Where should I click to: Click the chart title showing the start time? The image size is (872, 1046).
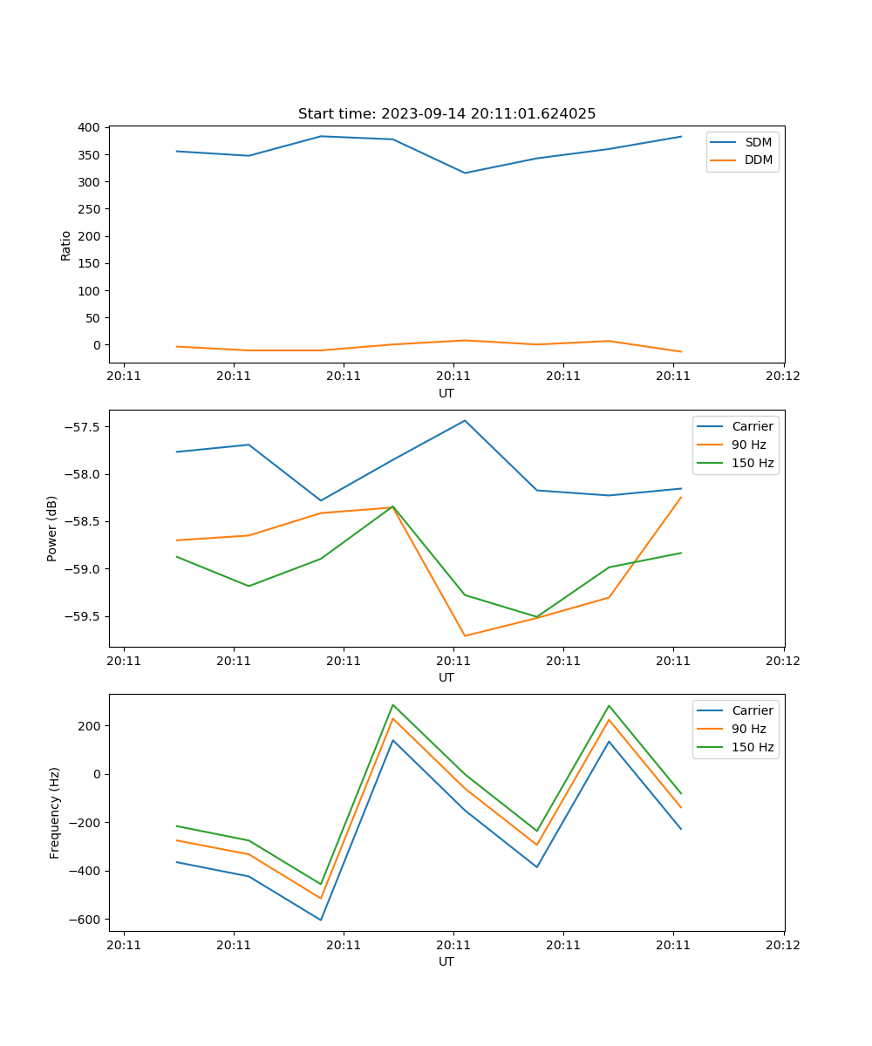pyautogui.click(x=446, y=114)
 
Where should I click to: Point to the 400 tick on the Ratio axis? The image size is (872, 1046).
pyautogui.click(x=89, y=127)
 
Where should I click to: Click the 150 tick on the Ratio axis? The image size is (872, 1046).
pyautogui.click(x=89, y=263)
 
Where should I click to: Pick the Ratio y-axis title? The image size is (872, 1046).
pyautogui.click(x=66, y=245)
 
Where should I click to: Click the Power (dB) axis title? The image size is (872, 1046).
pyautogui.click(x=52, y=528)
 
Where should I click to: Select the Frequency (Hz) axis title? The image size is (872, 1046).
pyautogui.click(x=55, y=812)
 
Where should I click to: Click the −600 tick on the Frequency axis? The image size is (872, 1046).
pyautogui.click(x=85, y=920)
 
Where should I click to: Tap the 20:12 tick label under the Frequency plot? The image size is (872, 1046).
pyautogui.click(x=782, y=944)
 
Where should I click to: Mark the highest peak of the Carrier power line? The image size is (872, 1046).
pyautogui.click(x=465, y=420)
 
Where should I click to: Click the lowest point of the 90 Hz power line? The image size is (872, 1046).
pyautogui.click(x=465, y=635)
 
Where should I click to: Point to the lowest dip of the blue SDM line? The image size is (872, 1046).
pyautogui.click(x=465, y=173)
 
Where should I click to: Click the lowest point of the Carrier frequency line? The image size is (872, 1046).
pyautogui.click(x=321, y=920)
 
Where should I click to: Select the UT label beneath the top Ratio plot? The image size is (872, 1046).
pyautogui.click(x=446, y=393)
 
